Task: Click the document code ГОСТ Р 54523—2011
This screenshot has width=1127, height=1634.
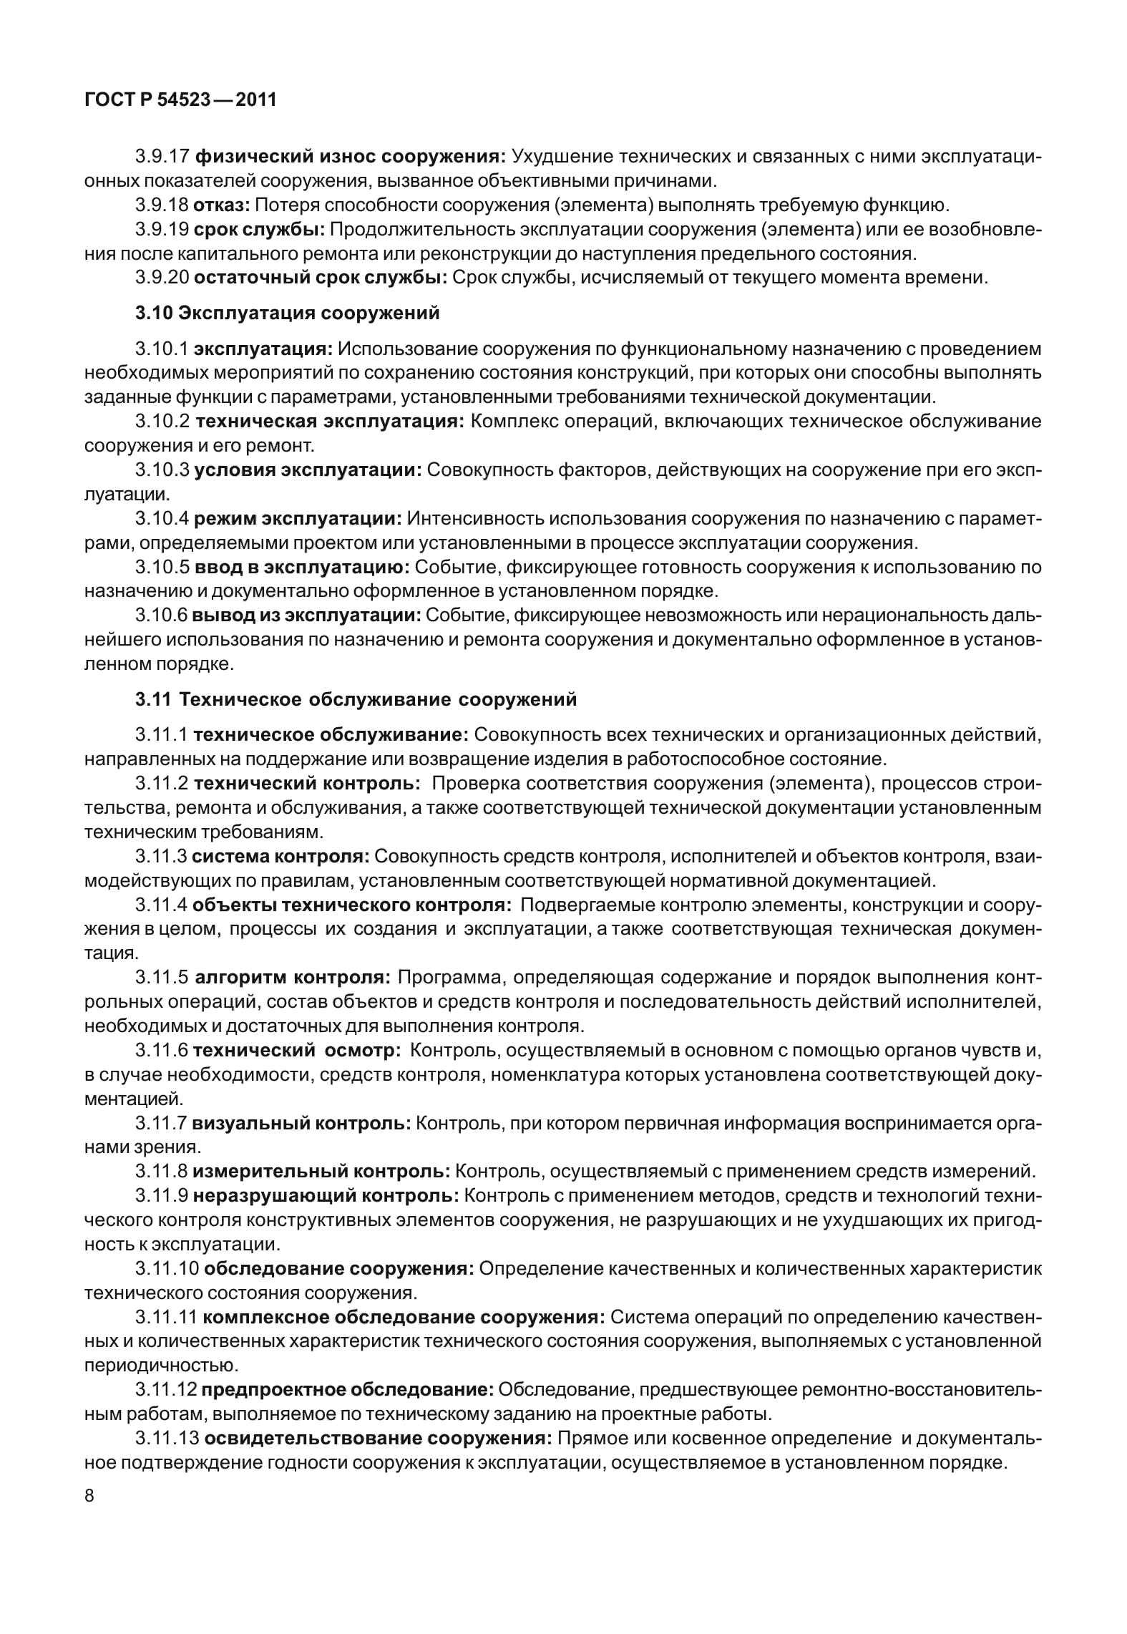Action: tap(180, 100)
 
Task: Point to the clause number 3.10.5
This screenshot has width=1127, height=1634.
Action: tap(162, 567)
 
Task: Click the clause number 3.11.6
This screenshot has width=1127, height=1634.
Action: tap(162, 1050)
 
